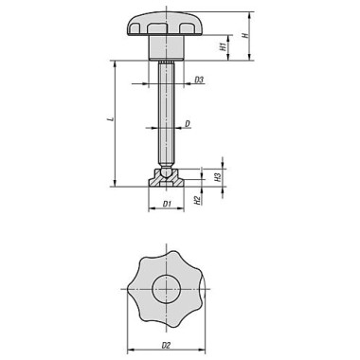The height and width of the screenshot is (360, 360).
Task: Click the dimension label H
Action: tap(245, 34)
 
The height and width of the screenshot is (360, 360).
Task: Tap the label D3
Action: tap(199, 80)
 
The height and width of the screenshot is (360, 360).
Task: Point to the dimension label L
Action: tap(110, 119)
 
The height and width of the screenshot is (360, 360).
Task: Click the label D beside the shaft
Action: tap(188, 124)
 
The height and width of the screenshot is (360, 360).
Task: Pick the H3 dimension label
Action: tap(217, 177)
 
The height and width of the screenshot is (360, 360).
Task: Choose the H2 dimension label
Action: tap(197, 200)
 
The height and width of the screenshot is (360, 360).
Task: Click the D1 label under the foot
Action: tap(167, 204)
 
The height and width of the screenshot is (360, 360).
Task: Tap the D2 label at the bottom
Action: tap(166, 346)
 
